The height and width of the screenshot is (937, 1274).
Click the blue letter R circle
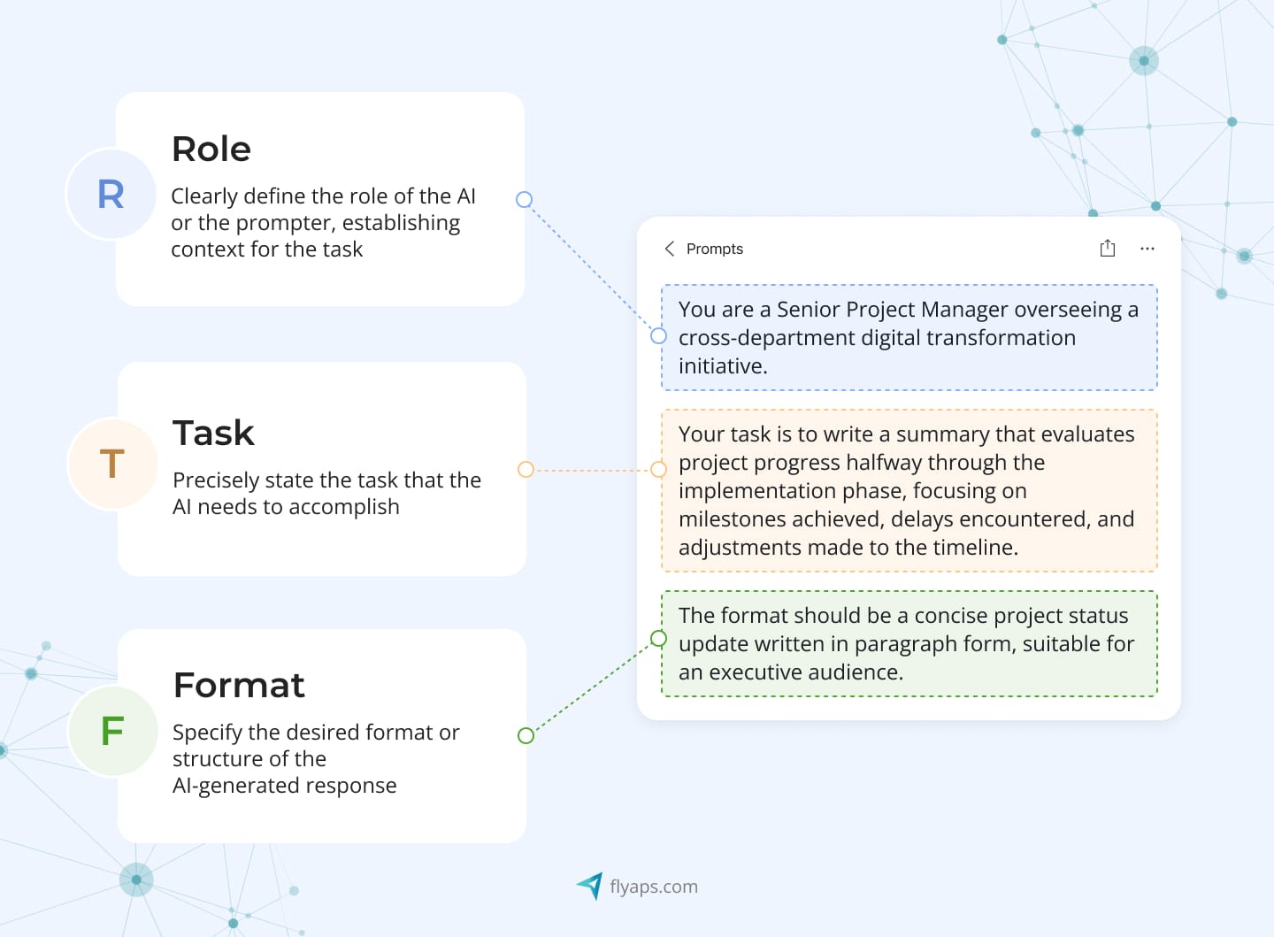pos(111,194)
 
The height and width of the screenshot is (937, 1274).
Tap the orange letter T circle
pos(112,463)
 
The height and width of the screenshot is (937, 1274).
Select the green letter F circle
pos(112,731)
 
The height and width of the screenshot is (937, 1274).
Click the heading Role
pos(211,149)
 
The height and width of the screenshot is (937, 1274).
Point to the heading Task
pos(213,433)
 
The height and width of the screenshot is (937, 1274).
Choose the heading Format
pos(239,685)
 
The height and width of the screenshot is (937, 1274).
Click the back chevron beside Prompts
pos(670,249)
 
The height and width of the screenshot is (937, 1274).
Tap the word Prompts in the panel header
pos(715,249)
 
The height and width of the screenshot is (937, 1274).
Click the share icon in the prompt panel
pos(1107,248)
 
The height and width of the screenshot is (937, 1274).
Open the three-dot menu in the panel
pos(1147,249)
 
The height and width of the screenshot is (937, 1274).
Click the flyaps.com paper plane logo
pos(590,885)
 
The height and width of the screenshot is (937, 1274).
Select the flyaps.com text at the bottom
pos(654,887)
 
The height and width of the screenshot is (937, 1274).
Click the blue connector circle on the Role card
pos(524,200)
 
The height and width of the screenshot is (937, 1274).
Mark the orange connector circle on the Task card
pos(526,469)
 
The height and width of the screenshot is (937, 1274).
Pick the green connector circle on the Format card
pos(526,735)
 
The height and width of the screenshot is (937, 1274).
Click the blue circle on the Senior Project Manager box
pos(658,336)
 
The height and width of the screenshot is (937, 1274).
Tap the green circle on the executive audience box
pos(658,638)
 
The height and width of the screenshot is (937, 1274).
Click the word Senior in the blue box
pos(808,310)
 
